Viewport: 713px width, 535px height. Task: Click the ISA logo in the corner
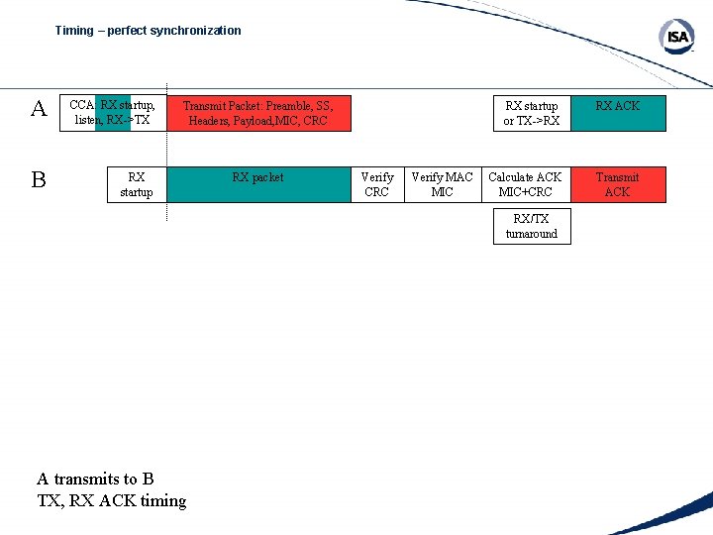tap(676, 38)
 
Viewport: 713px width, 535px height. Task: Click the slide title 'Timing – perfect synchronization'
tap(148, 31)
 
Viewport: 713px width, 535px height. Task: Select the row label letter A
tap(39, 109)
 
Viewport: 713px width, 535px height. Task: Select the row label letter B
tap(39, 179)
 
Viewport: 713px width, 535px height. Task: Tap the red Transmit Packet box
tap(258, 113)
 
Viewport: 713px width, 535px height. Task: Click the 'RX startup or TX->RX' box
tap(532, 113)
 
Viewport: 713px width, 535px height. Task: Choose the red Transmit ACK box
tap(617, 184)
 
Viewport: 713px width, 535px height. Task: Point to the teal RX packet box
tap(257, 184)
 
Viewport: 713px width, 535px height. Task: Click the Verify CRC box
tap(376, 184)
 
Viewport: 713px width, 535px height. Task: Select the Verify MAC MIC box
tap(442, 184)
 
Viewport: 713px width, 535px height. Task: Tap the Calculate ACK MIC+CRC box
tap(525, 184)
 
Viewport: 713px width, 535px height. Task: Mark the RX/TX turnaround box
tap(532, 226)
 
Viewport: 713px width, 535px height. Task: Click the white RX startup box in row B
tap(137, 184)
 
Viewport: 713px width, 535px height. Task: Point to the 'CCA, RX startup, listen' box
tap(113, 113)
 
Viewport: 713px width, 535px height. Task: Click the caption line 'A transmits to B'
tap(95, 479)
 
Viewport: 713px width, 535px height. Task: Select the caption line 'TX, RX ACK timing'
tap(112, 500)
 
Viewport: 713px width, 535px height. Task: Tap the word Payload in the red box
tap(249, 121)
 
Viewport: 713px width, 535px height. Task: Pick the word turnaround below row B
tap(532, 234)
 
